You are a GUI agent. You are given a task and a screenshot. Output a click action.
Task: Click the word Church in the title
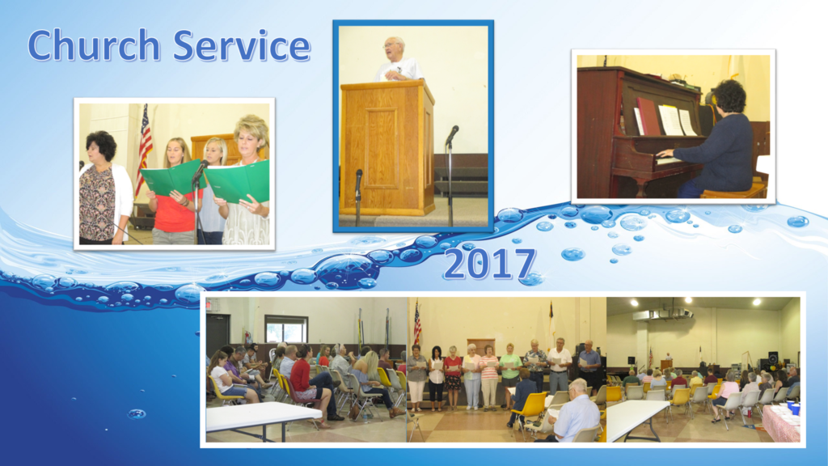tap(94, 45)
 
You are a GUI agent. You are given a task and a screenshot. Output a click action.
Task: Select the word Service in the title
tap(241, 45)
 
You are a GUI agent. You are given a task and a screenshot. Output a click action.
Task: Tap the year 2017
tap(489, 264)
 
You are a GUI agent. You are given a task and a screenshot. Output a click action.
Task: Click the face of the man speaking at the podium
tap(393, 49)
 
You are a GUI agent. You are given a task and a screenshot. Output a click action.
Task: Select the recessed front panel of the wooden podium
tap(382, 148)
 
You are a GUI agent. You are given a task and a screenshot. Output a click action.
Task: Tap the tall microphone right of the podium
tap(450, 176)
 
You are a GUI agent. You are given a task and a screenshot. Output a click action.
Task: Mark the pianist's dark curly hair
tap(729, 96)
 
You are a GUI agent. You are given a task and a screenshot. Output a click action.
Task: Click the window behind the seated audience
tap(286, 328)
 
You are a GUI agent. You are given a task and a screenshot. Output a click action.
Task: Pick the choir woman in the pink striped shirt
tap(489, 377)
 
